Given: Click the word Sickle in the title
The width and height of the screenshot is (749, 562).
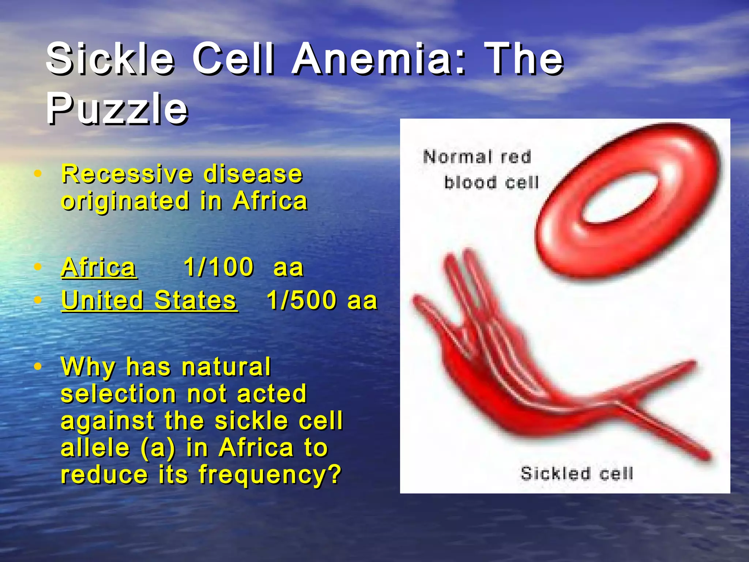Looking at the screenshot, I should [110, 59].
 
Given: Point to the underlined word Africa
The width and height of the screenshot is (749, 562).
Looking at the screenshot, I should [99, 267].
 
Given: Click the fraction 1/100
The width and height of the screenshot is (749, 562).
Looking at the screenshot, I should [219, 267].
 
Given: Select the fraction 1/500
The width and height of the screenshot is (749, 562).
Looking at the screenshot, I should [301, 300].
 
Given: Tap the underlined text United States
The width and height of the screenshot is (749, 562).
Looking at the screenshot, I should [149, 300].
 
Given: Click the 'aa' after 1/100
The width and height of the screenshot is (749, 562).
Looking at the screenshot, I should [289, 267].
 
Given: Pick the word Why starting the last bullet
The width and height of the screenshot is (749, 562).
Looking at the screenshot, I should [88, 367].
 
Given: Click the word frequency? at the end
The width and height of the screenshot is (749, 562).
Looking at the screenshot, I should [270, 474].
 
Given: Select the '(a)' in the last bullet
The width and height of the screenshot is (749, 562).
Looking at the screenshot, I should [158, 448].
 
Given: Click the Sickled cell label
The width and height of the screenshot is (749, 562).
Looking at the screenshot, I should [577, 473].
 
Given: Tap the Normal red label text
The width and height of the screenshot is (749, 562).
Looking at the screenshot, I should [477, 157].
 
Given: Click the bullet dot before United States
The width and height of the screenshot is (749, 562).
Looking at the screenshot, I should [37, 300].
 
